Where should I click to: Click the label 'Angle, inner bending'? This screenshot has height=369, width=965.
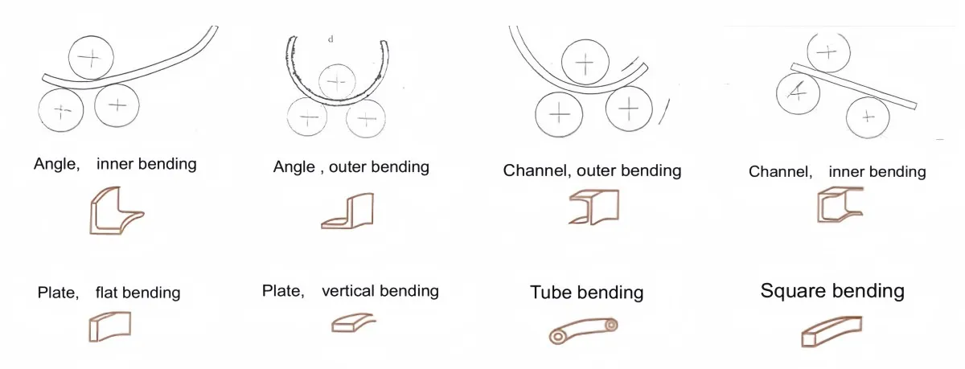tap(115, 164)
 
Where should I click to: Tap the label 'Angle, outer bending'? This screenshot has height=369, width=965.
tap(351, 167)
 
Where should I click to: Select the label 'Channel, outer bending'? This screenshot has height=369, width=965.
tap(592, 170)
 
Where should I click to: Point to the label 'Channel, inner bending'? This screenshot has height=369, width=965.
tap(836, 171)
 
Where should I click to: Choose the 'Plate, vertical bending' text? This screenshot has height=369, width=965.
tap(351, 290)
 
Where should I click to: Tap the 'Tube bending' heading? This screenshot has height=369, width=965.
tap(586, 292)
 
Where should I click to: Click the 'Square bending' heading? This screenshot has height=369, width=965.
tap(832, 290)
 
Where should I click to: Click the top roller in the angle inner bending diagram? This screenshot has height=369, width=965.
tap(90, 57)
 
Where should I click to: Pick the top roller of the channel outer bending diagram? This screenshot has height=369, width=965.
tap(585, 62)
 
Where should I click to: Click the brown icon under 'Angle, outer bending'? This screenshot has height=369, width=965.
tap(348, 211)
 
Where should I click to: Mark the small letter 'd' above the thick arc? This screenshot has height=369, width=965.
tap(331, 39)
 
